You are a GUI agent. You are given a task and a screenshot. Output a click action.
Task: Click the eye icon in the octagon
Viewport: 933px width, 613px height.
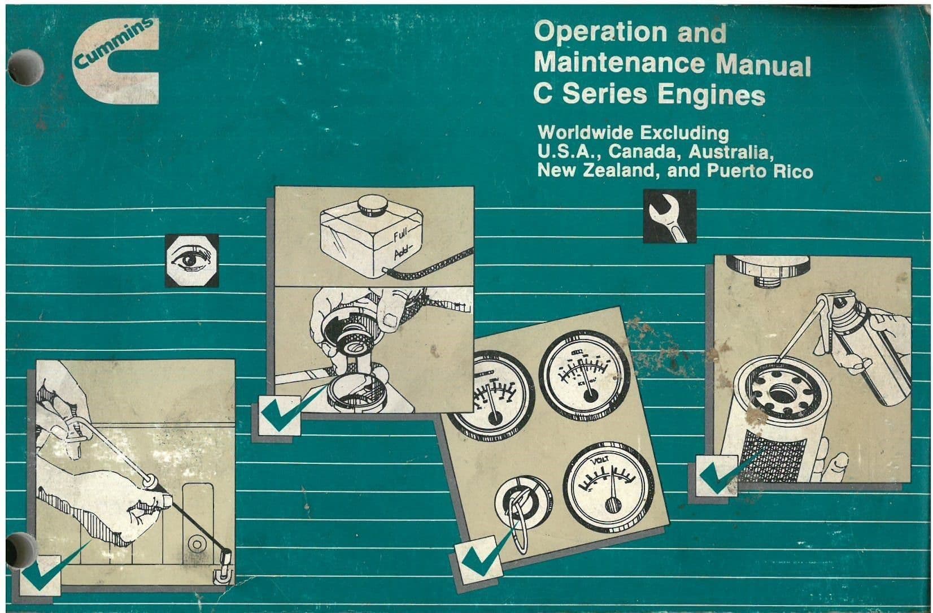tap(192, 260)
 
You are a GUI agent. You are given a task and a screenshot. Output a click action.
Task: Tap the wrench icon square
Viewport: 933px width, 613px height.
tap(669, 216)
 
